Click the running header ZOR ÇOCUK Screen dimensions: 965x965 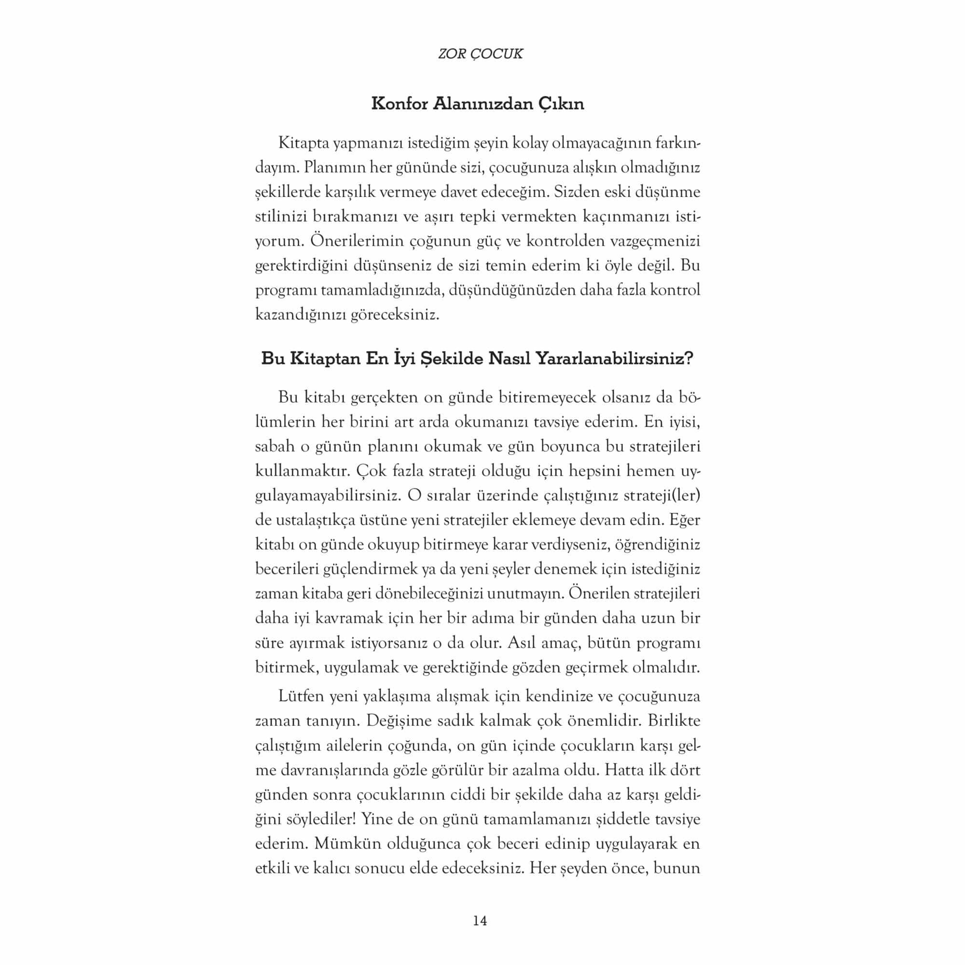(x=480, y=54)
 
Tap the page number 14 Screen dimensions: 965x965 (x=480, y=921)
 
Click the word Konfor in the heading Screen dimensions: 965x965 (x=399, y=104)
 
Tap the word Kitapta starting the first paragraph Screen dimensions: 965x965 (x=303, y=143)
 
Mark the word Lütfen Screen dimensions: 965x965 (x=301, y=696)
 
